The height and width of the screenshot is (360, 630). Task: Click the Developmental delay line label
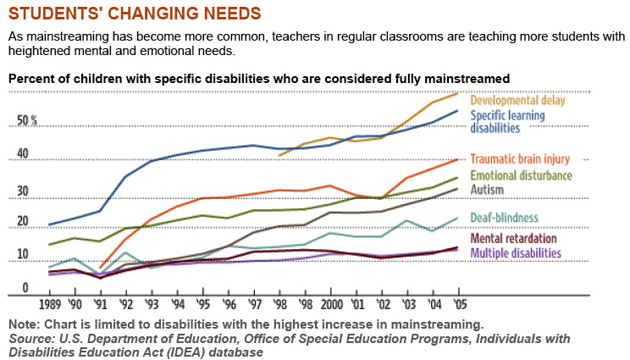[x=517, y=100]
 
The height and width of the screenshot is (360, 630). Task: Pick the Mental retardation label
[x=514, y=239]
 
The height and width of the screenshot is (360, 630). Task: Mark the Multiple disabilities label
[x=515, y=252]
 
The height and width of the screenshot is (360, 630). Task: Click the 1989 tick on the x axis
[x=51, y=303]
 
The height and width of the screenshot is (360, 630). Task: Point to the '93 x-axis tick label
[x=152, y=303]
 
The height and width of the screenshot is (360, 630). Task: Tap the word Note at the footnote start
[x=24, y=324]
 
